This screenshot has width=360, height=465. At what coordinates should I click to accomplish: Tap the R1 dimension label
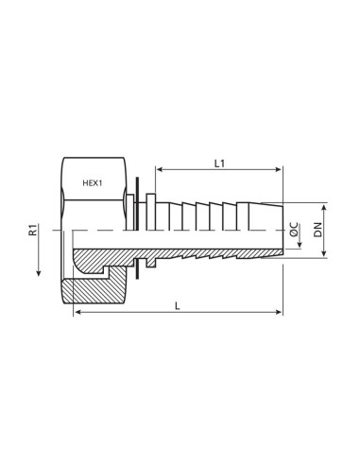(34, 230)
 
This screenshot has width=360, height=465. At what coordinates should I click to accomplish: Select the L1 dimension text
(219, 164)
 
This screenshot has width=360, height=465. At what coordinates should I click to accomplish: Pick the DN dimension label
(318, 232)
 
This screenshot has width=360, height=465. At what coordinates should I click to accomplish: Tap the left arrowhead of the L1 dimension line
(160, 172)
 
